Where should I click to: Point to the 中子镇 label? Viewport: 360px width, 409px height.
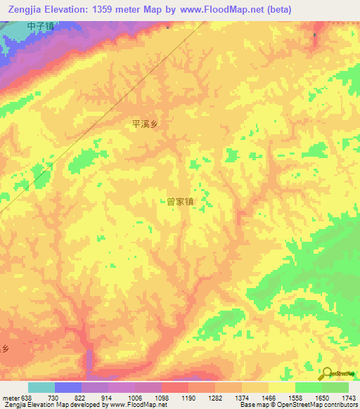tap(41, 26)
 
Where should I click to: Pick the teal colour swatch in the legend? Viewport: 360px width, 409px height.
tap(41, 387)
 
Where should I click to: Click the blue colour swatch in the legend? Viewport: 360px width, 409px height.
tap(67, 387)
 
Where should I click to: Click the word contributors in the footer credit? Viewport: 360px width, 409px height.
tap(340, 405)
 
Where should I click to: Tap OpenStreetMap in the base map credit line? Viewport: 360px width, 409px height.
tap(299, 405)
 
